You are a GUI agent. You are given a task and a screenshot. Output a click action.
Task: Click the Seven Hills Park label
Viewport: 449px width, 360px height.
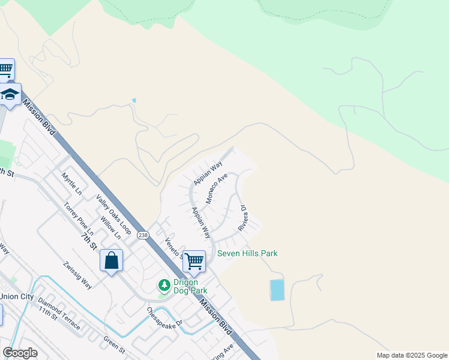pyautogui.click(x=247, y=253)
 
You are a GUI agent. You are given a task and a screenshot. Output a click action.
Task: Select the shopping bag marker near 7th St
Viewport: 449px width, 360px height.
pyautogui.click(x=112, y=260)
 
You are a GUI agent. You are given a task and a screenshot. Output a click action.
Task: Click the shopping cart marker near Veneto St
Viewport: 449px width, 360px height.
pyautogui.click(x=194, y=261)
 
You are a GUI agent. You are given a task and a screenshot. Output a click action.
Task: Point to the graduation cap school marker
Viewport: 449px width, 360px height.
pyautogui.click(x=10, y=95)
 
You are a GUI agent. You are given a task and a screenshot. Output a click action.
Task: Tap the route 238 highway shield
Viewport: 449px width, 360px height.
pyautogui.click(x=143, y=234)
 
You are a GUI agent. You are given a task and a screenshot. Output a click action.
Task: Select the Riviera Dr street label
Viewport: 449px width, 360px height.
pyautogui.click(x=243, y=218)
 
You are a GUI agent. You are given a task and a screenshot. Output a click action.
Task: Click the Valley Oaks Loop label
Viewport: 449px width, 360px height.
pyautogui.click(x=113, y=214)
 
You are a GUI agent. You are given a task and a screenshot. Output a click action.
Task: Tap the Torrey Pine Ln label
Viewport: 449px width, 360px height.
pyautogui.click(x=79, y=218)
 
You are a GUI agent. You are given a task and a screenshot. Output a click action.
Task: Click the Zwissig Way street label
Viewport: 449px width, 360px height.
pyautogui.click(x=77, y=275)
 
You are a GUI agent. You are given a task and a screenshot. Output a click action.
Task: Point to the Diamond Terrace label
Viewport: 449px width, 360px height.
pyautogui.click(x=59, y=313)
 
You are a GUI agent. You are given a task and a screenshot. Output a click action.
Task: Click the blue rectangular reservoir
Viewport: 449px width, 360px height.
pyautogui.click(x=277, y=290)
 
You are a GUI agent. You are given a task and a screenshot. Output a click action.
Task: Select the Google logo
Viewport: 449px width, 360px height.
pyautogui.click(x=20, y=353)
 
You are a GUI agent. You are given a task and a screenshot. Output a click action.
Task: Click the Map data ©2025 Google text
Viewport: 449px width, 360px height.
pyautogui.click(x=411, y=355)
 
